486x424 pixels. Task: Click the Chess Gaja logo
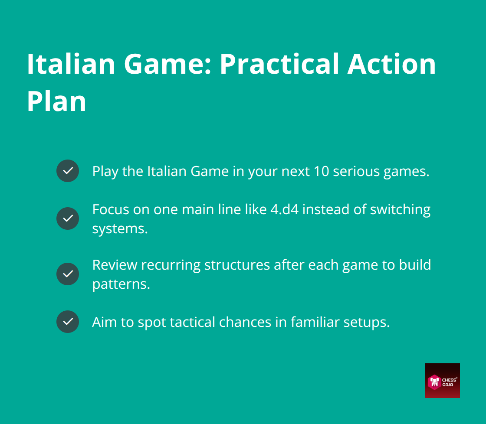pyautogui.click(x=442, y=380)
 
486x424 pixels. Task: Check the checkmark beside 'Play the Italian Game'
pyautogui.click(x=68, y=171)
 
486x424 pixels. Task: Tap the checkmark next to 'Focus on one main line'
pyautogui.click(x=68, y=219)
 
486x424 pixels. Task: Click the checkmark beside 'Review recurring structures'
pyautogui.click(x=68, y=274)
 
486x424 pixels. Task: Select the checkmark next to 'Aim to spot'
pyautogui.click(x=68, y=322)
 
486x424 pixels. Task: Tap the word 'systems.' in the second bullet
pyautogui.click(x=120, y=228)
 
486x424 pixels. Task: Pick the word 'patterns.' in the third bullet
pyautogui.click(x=121, y=284)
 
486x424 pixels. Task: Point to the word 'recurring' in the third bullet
pyautogui.click(x=171, y=264)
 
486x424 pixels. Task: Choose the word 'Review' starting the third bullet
pyautogui.click(x=114, y=264)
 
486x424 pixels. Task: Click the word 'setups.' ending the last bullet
pyautogui.click(x=368, y=322)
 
